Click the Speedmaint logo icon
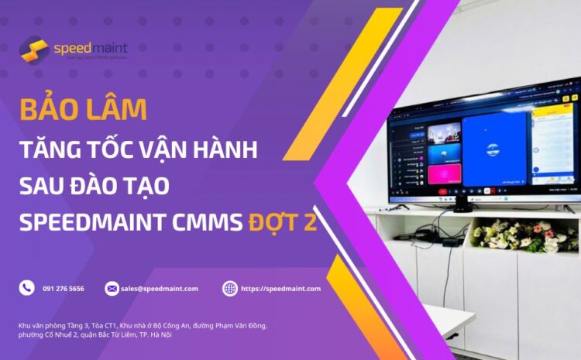click(33, 50)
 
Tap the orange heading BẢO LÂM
click(83, 110)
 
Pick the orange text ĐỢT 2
click(283, 224)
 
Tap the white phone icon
click(27, 288)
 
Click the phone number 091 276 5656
click(64, 289)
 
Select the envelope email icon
click(112, 288)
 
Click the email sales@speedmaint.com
click(160, 289)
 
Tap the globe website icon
click(230, 288)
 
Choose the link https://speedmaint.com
click(280, 289)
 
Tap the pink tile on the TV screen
click(445, 173)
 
